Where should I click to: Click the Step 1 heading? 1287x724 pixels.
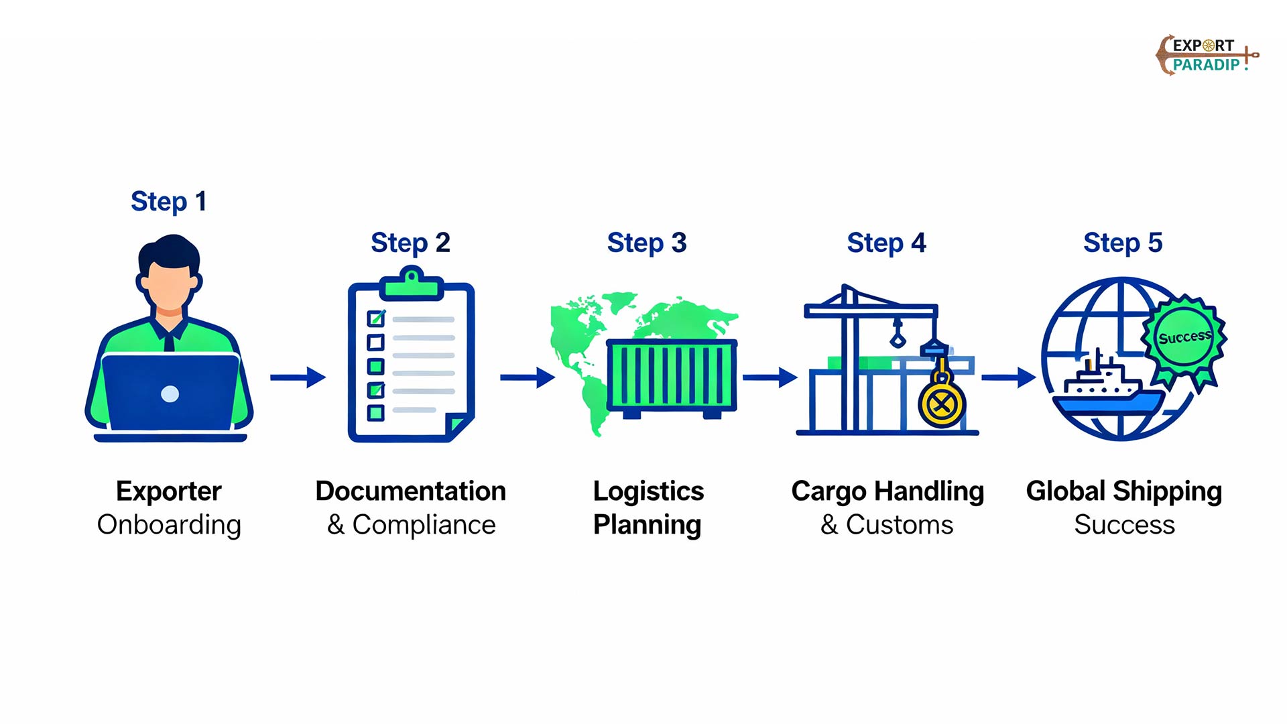pos(168,202)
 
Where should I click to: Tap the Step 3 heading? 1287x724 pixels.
pos(647,243)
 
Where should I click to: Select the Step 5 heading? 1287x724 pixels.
pos(1123,243)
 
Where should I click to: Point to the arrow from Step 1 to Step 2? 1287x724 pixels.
pos(298,377)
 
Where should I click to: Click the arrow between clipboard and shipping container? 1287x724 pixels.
pos(528,377)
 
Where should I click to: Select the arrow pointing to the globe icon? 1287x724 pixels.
pos(1008,377)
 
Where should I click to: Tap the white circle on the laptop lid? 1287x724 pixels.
pos(170,394)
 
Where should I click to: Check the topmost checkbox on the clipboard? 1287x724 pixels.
pos(376,318)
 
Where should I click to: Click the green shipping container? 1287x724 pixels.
pos(671,375)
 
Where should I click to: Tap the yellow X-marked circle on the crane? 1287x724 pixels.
pos(941,404)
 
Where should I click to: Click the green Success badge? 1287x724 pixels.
pos(1184,337)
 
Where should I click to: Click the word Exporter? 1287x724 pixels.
pos(168,491)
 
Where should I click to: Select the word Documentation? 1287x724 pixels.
pos(410,491)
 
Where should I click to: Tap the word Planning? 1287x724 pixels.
pos(647,525)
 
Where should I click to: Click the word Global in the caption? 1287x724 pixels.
pos(1065,491)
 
